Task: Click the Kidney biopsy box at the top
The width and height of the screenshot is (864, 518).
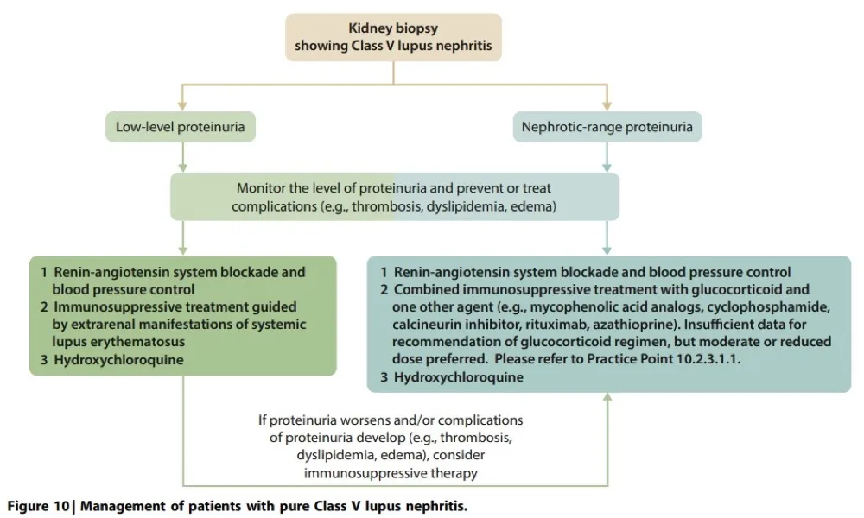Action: [x=394, y=36]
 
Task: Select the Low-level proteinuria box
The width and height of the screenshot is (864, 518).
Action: [x=181, y=128]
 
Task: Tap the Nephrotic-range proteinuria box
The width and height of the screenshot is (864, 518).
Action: [x=607, y=128]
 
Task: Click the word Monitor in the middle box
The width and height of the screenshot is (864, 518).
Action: [x=261, y=187]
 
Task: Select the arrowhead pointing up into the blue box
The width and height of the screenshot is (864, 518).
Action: [x=607, y=399]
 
